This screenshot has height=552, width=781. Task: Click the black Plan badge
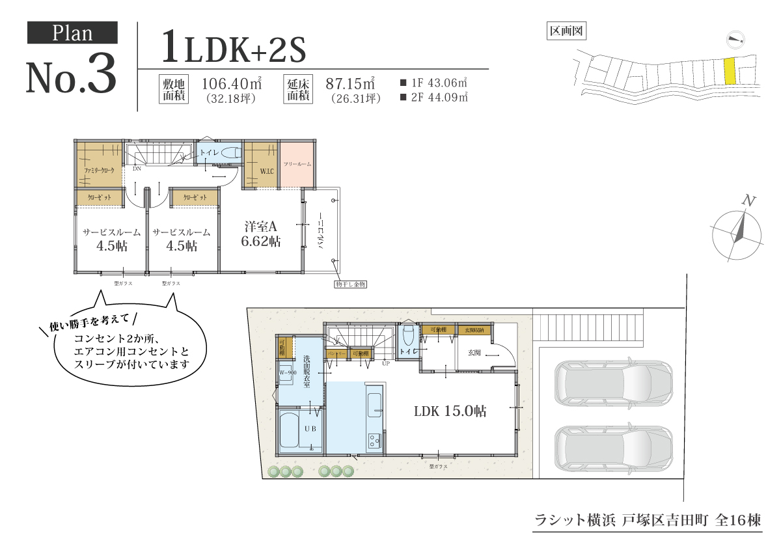tap(72, 33)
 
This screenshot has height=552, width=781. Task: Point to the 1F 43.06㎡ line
tap(435, 83)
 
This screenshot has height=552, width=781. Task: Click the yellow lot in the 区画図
tap(730, 72)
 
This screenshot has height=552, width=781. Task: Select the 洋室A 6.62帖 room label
tap(262, 234)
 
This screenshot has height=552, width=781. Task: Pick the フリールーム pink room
tap(297, 164)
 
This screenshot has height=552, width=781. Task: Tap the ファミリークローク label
tap(98, 171)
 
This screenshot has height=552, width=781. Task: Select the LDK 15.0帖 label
tap(450, 411)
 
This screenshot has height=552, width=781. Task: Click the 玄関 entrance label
tap(474, 352)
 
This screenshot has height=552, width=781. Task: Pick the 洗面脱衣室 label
tap(306, 371)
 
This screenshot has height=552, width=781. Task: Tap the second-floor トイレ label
tap(210, 152)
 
